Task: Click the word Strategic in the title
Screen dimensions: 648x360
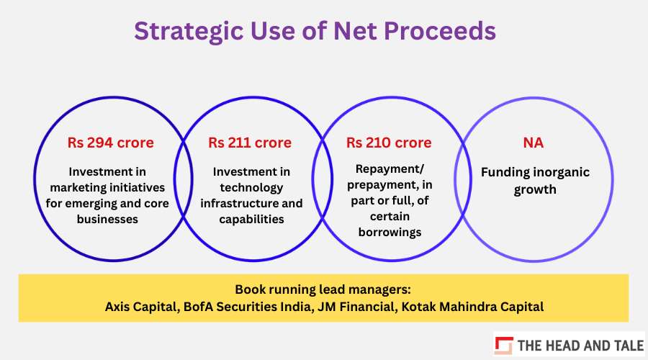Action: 189,32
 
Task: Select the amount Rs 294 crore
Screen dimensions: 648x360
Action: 111,143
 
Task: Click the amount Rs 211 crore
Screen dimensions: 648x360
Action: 250,143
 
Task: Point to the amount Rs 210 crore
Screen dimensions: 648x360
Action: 389,143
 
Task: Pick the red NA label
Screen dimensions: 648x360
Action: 533,143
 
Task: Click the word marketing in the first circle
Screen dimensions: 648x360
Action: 76,188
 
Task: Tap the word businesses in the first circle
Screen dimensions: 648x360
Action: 107,219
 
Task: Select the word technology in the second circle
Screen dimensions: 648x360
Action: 251,188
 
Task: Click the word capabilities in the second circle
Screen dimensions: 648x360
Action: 251,220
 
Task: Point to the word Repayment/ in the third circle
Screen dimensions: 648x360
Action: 390,169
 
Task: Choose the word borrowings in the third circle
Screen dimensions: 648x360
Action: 390,233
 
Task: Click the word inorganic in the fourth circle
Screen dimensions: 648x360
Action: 562,172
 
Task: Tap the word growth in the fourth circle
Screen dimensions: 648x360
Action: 535,190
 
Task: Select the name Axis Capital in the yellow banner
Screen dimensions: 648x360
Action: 142,307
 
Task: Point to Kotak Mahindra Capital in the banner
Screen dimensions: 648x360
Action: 472,307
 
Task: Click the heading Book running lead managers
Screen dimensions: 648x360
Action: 323,289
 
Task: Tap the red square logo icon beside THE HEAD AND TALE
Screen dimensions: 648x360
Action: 504,345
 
